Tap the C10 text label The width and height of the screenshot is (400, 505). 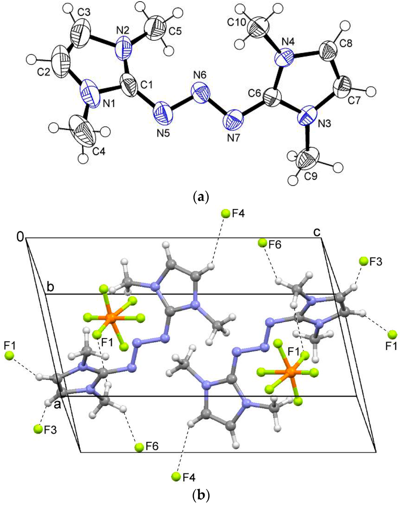click(237, 23)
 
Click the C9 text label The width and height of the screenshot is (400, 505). click(309, 176)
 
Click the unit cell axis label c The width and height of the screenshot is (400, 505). click(318, 232)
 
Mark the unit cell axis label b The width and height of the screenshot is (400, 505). click(50, 286)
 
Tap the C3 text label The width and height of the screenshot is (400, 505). click(84, 13)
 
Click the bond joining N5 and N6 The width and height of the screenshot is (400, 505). click(181, 102)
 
